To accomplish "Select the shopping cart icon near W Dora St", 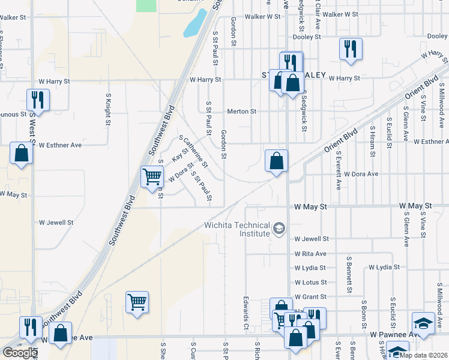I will pos(152,177).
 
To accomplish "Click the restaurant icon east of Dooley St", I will pos(351,49).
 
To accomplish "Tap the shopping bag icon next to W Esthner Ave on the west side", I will pos(22,153).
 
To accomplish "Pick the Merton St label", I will pos(241,112).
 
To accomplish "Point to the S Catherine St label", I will pos(194,151).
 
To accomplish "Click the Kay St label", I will pos(177,155).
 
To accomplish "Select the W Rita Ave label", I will pos(310,254).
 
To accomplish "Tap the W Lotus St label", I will pos(310,283).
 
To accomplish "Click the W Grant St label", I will pos(310,297).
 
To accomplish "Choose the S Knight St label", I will pos(109,109).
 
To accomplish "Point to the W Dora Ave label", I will pos(361,174).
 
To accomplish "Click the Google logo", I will pos(20,353).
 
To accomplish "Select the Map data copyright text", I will pos(423,355).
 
